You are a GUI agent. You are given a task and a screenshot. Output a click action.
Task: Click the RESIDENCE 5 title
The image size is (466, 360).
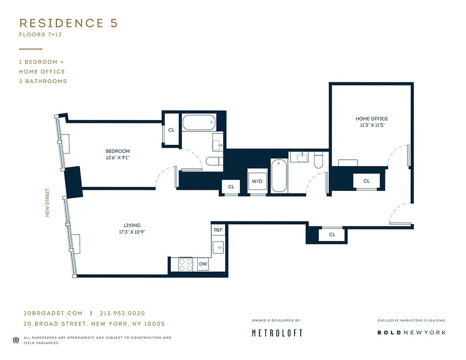point(68,23)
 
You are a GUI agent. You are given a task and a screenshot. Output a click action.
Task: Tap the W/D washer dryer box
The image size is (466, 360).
point(257,182)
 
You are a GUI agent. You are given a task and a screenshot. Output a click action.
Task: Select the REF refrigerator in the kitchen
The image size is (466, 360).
point(218,230)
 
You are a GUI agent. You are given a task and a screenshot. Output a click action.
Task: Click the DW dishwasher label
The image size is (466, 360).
point(203,264)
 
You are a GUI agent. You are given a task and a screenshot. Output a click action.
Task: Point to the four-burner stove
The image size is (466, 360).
point(186,264)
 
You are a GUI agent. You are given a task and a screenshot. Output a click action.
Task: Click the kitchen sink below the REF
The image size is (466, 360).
point(218,247)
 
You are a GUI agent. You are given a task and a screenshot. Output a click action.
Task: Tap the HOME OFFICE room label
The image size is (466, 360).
point(371,119)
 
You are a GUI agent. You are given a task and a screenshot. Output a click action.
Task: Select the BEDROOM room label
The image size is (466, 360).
point(118,151)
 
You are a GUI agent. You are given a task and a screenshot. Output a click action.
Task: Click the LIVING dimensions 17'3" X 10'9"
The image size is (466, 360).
point(132,232)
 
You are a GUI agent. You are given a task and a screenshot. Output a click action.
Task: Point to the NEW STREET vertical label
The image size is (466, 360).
point(47,202)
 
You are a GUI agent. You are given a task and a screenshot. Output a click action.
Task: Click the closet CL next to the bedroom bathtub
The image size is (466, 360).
point(171,130)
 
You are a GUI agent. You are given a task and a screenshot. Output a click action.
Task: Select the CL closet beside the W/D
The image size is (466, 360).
point(231,187)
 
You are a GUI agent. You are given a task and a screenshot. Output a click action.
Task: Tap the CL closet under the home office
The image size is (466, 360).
point(366,181)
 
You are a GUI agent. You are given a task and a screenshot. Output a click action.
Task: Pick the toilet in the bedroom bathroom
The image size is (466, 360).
point(212,161)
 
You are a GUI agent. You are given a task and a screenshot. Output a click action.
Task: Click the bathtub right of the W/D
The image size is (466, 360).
point(279,176)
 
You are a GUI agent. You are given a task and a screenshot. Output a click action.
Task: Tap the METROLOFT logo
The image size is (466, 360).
point(276,333)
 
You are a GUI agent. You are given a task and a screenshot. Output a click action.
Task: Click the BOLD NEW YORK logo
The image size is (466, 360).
point(411,333)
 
